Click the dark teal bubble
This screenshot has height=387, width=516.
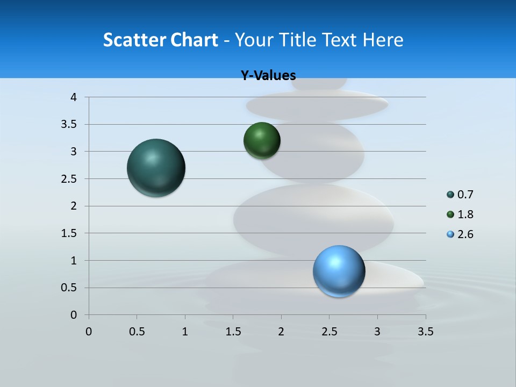(x=156, y=168)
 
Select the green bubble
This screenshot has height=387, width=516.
(x=262, y=141)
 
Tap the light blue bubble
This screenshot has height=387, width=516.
(x=339, y=271)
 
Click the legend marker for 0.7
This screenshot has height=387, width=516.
(x=450, y=195)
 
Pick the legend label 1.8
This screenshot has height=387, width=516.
(x=465, y=214)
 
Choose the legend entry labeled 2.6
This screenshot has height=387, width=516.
(x=465, y=234)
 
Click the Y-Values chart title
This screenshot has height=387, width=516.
(x=268, y=76)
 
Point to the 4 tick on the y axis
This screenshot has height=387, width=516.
(x=74, y=97)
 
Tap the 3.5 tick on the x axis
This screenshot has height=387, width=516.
(x=425, y=332)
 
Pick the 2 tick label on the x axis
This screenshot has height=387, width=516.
(x=281, y=332)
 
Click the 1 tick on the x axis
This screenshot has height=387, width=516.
(x=185, y=332)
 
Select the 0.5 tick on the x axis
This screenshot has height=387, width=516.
(x=137, y=332)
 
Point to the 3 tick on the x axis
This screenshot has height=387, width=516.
(x=377, y=332)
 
